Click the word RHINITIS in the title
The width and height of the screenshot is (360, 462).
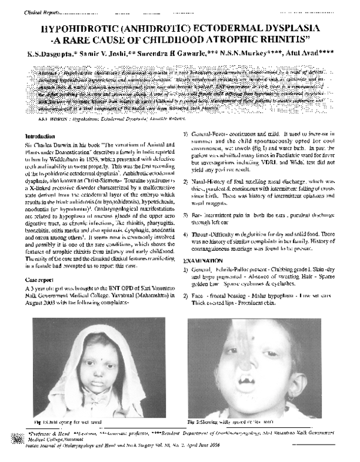coord(280,40)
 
